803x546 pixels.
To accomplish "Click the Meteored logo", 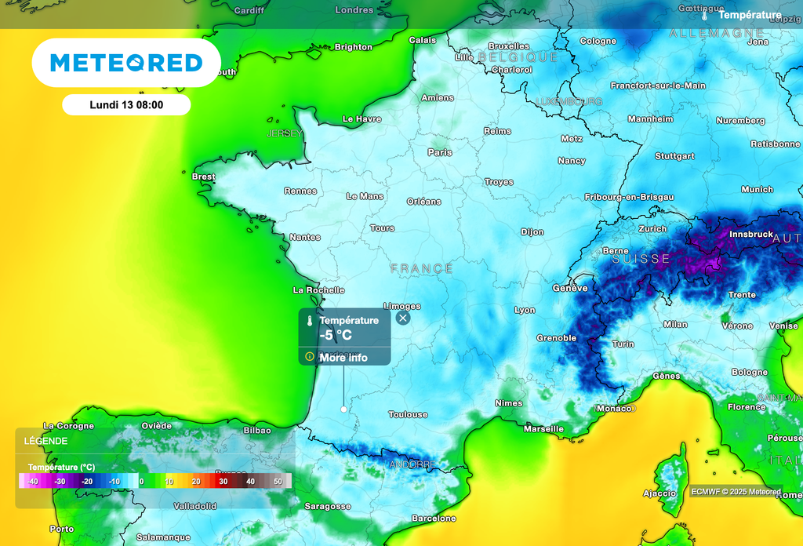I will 126,63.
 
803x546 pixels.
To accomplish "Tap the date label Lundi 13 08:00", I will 126,105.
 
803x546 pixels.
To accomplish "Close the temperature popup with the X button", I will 403,318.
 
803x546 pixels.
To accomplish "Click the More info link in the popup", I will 343,358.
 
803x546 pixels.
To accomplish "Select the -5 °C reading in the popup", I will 336,335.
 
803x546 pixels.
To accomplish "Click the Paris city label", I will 440,152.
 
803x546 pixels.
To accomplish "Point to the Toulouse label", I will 409,414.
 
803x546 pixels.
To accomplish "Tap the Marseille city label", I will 543,429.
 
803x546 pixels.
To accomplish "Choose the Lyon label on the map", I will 525,310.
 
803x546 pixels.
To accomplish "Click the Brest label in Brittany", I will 203,177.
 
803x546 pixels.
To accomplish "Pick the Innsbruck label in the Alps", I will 750,235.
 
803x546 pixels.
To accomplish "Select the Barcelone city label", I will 434,519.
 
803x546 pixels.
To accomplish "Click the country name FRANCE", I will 422,269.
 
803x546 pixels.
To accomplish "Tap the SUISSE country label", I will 641,259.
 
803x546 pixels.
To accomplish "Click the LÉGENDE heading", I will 45,441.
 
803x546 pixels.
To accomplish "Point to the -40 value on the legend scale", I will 32,481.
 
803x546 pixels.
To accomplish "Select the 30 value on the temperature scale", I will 223,481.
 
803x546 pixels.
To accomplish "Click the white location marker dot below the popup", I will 343,409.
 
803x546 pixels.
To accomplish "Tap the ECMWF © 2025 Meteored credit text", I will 736,492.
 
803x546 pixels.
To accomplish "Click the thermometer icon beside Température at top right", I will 705,15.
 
